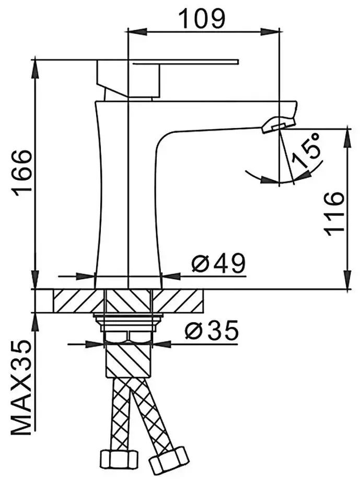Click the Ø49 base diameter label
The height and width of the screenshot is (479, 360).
(218, 263)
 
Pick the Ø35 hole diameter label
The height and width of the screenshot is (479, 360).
(212, 330)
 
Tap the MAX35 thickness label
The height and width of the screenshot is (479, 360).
(21, 388)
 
